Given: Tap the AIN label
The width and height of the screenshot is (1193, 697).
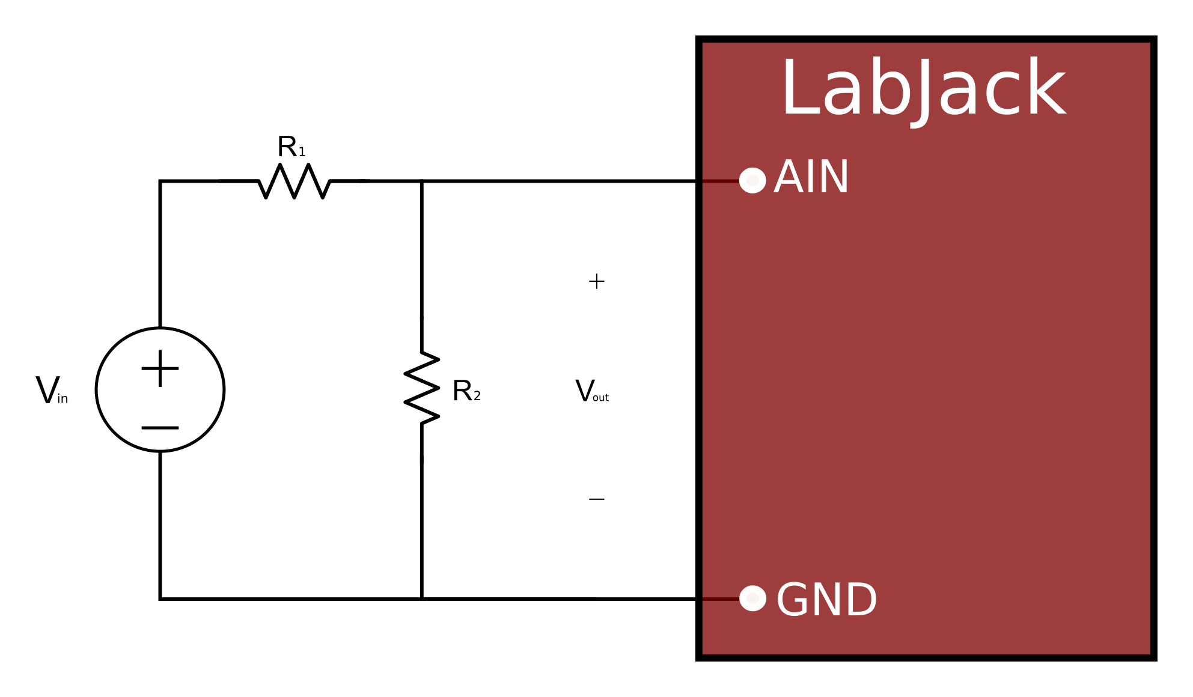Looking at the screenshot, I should (811, 178).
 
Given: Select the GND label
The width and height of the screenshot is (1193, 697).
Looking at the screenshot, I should (826, 600).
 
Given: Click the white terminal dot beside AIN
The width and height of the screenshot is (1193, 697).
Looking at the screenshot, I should (752, 180).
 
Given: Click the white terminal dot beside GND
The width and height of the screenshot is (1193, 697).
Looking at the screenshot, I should (752, 598).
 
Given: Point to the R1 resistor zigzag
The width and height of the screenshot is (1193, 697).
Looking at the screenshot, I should (294, 180).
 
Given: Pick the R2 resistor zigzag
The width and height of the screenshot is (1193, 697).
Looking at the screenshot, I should (422, 388).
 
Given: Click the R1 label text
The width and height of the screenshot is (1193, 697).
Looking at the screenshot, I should (291, 147).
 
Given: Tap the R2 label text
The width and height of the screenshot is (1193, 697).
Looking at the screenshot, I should (466, 391).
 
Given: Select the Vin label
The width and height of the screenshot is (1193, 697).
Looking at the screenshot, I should (52, 391).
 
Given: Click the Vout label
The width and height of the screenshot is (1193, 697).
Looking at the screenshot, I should (592, 391).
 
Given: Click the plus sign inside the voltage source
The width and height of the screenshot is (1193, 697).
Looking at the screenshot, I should (160, 368).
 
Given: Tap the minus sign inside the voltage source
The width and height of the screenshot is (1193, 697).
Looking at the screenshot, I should (160, 428).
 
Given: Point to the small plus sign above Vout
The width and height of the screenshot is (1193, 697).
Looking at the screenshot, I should (596, 281).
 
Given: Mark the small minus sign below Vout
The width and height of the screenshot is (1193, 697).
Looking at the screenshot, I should (596, 499).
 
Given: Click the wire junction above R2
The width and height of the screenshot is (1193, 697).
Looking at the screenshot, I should (422, 181).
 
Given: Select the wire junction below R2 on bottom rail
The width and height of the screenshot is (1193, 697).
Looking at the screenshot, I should (422, 598).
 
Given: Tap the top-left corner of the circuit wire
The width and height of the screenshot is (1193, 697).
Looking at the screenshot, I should (160, 181).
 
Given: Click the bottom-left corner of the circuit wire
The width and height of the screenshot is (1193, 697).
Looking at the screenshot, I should (160, 598).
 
